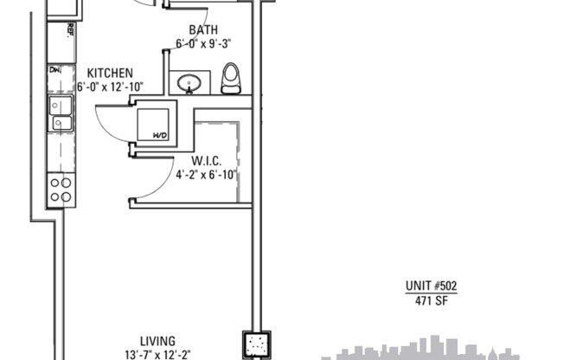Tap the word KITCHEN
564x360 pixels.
coord(109,73)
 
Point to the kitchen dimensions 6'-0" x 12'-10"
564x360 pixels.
coord(110,86)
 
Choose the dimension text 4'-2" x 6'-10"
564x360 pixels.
coord(206,173)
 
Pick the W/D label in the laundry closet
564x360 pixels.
coord(159,135)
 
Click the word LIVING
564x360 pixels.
coord(158,340)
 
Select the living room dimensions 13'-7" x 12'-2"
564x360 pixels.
coord(158,353)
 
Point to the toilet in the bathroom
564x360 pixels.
coord(229,79)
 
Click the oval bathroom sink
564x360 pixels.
coord(189,84)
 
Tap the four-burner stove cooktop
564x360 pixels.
coord(60,189)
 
